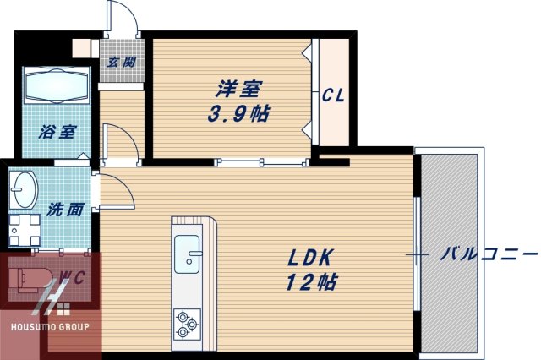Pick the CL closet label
tap(333, 96)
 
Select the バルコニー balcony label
tap(489, 253)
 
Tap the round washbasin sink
tap(25, 188)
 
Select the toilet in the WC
tap(32, 278)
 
